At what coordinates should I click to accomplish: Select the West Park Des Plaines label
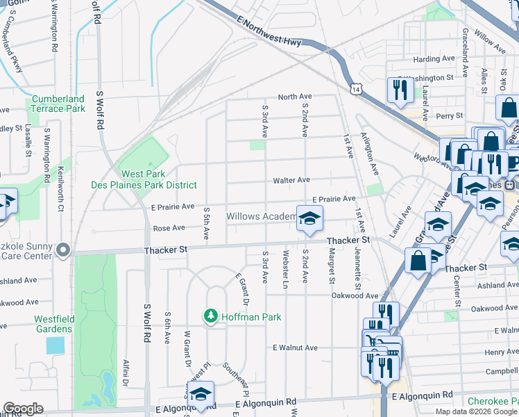[144, 179]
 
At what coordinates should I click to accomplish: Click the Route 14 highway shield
[356, 90]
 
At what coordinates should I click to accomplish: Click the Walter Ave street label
[291, 180]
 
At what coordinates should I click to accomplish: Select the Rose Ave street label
[169, 228]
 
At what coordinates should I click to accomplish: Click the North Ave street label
[295, 97]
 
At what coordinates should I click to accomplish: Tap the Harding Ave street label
[433, 59]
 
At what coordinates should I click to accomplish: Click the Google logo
[23, 409]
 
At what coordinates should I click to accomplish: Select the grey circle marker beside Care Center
[63, 250]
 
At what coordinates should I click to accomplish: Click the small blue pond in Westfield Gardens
[55, 345]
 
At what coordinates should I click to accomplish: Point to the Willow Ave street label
[491, 41]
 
